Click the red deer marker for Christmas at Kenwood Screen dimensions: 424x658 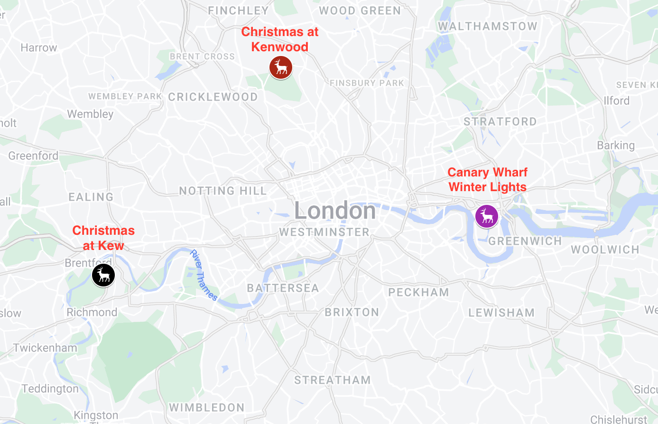coord(280,67)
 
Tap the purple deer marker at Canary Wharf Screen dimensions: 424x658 coord(487,216)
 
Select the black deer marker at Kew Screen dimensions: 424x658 coord(103,275)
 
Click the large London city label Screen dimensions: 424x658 coord(335,211)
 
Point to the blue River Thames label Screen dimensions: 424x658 coord(204,276)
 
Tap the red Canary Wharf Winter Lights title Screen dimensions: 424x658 coord(487,180)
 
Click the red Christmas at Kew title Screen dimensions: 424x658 coord(103,238)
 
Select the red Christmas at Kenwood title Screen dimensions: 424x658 coord(280,39)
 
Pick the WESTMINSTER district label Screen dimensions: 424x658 coord(324,232)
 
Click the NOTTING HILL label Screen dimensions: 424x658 coord(223,191)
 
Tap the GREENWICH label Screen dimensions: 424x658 coord(525,241)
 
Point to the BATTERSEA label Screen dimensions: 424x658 coord(283,288)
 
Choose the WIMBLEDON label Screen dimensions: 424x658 coord(207,408)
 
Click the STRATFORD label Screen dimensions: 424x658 coord(500,122)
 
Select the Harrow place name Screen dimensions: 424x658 coord(39,48)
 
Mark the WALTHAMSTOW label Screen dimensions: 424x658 coord(487,27)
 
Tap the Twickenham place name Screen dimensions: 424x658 coord(45,348)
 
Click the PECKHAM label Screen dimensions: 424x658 coord(418,293)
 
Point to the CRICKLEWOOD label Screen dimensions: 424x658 coord(213,97)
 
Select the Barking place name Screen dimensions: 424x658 coord(616,146)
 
